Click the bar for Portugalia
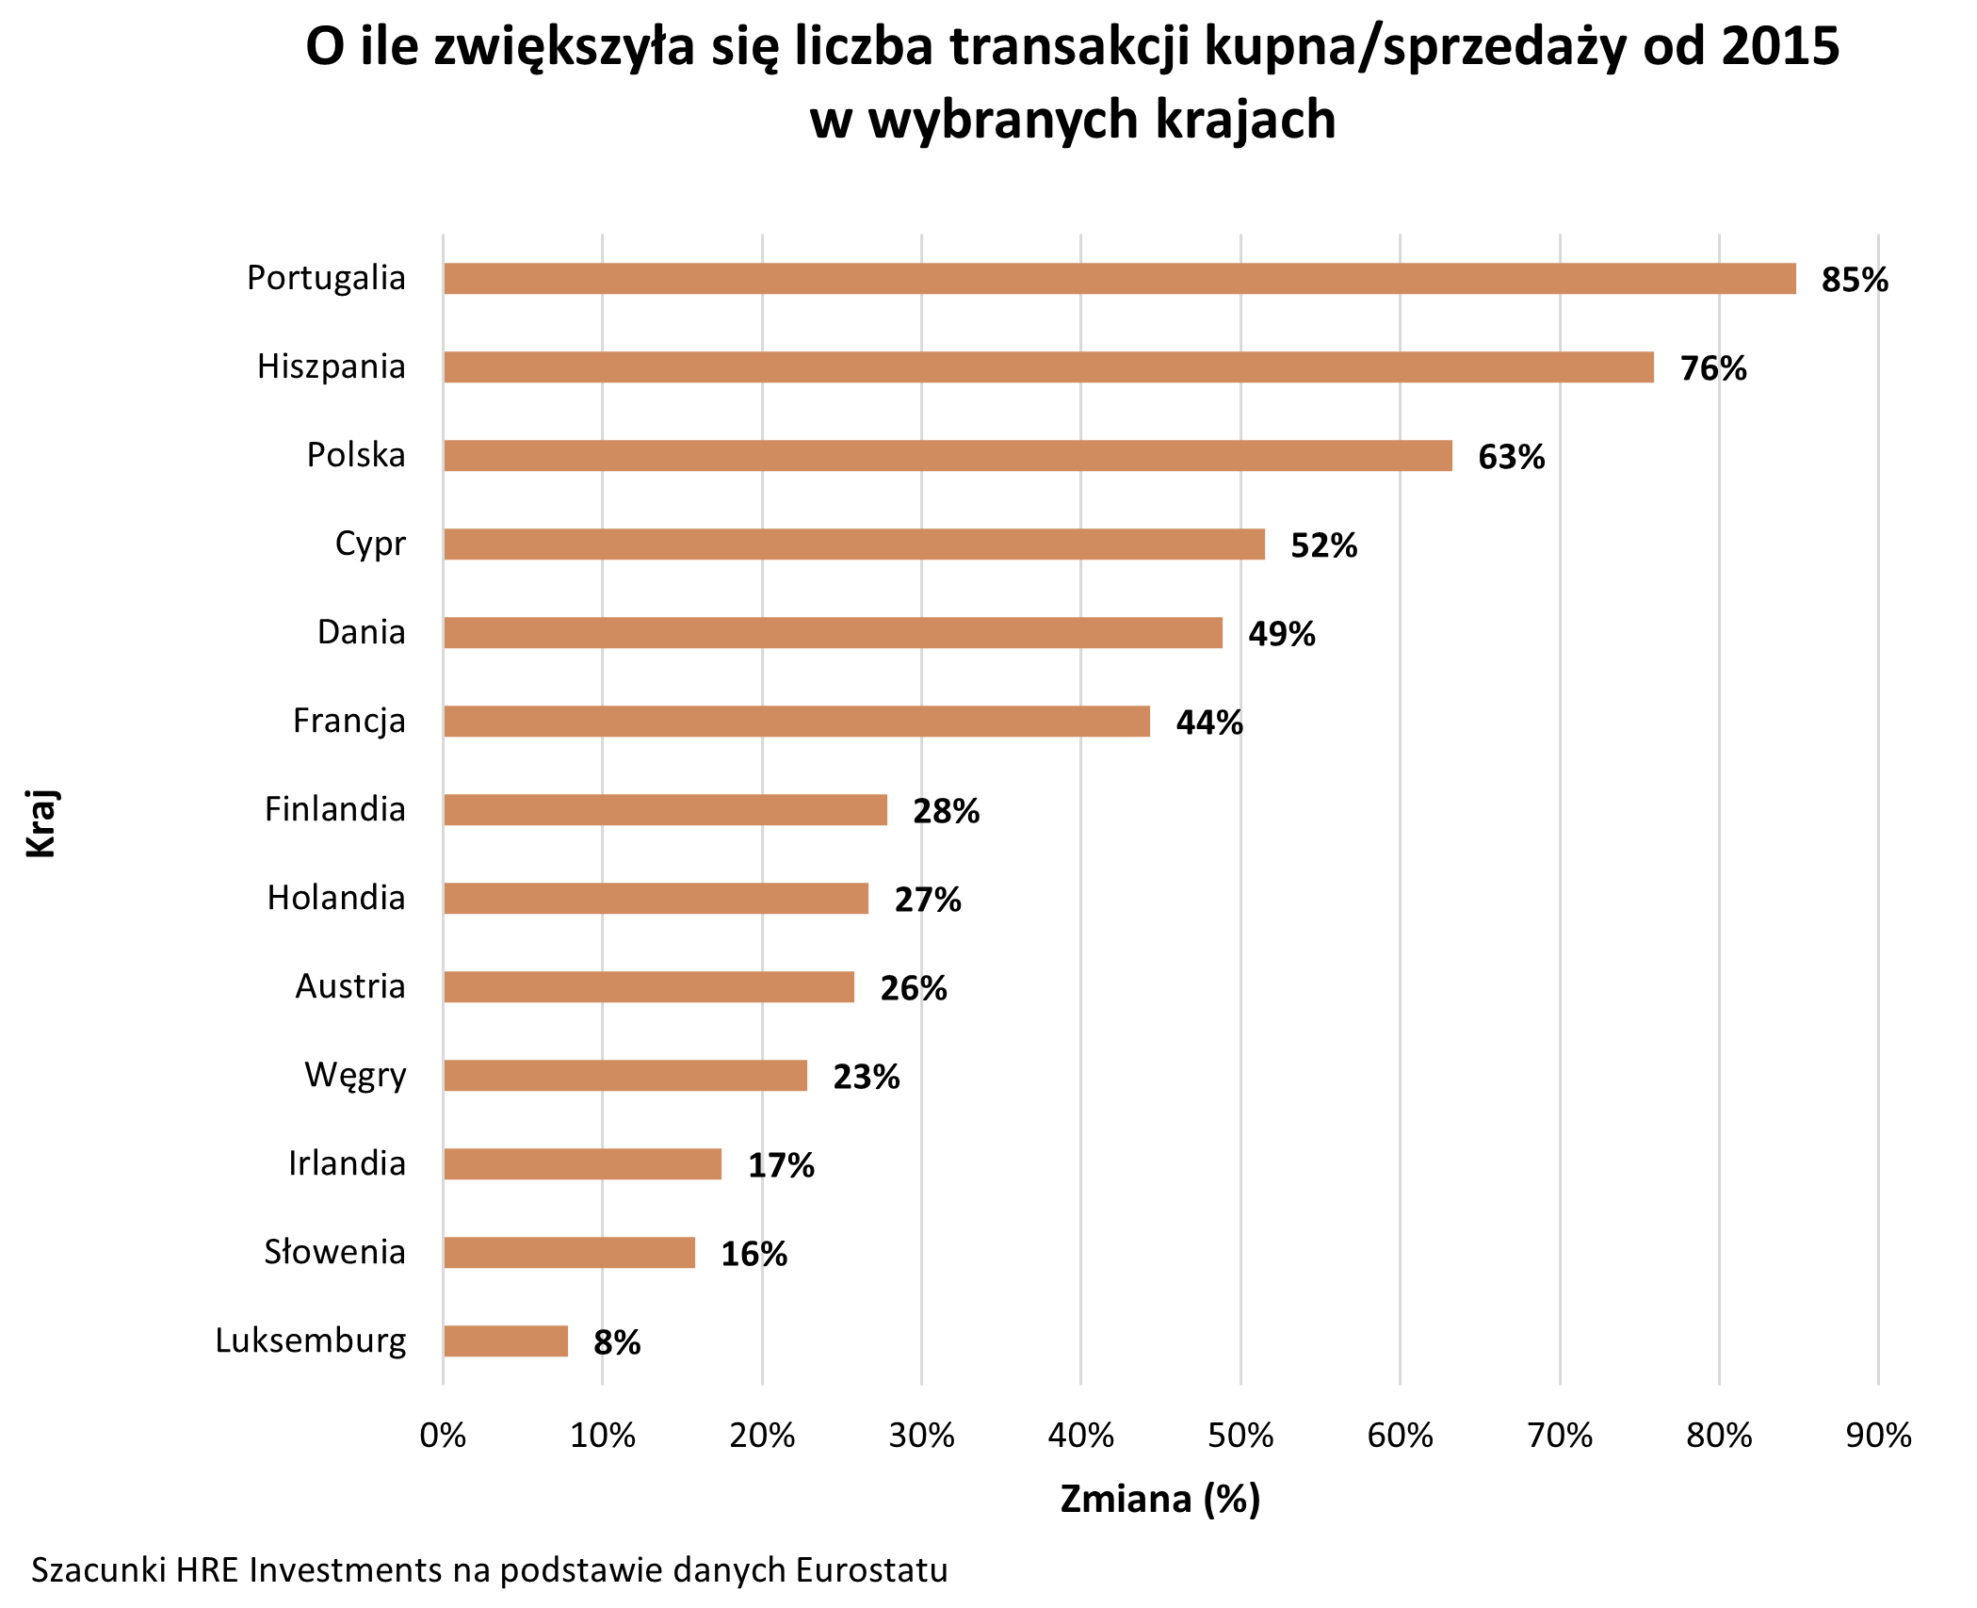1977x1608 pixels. coord(1119,279)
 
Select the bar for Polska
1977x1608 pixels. coord(948,456)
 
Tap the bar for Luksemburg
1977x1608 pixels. coord(506,1341)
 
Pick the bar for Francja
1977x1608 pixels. coord(797,722)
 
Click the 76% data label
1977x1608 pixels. coord(1713,368)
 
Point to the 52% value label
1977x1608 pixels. coord(1323,545)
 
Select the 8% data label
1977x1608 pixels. coord(617,1342)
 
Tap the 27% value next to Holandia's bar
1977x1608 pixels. coord(928,900)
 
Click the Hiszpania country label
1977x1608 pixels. coord(331,366)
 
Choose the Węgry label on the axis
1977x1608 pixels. coord(355,1076)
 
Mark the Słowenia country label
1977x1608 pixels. coord(334,1252)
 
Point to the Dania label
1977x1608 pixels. coord(361,632)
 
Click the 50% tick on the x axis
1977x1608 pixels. coord(1240,1436)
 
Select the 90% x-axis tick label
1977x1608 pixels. coord(1878,1436)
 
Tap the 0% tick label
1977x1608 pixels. coord(443,1436)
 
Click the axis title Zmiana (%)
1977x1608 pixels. coord(1159,1499)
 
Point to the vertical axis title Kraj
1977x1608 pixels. coord(41,823)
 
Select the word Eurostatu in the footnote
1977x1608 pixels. coord(871,1570)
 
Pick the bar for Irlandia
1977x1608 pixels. coord(582,1164)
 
